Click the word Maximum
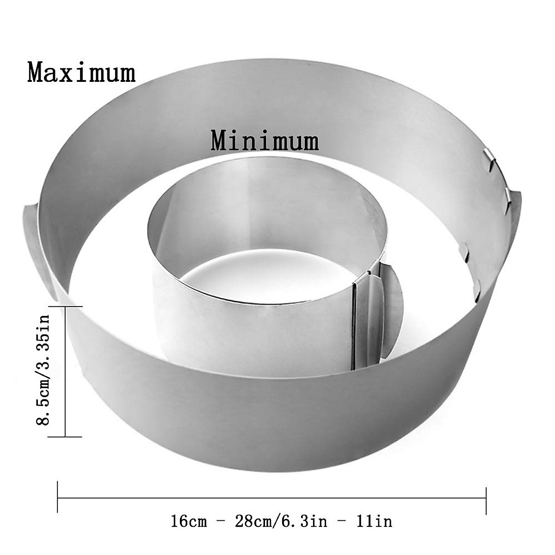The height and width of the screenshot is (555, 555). (81, 73)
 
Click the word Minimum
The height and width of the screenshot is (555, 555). (265, 141)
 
